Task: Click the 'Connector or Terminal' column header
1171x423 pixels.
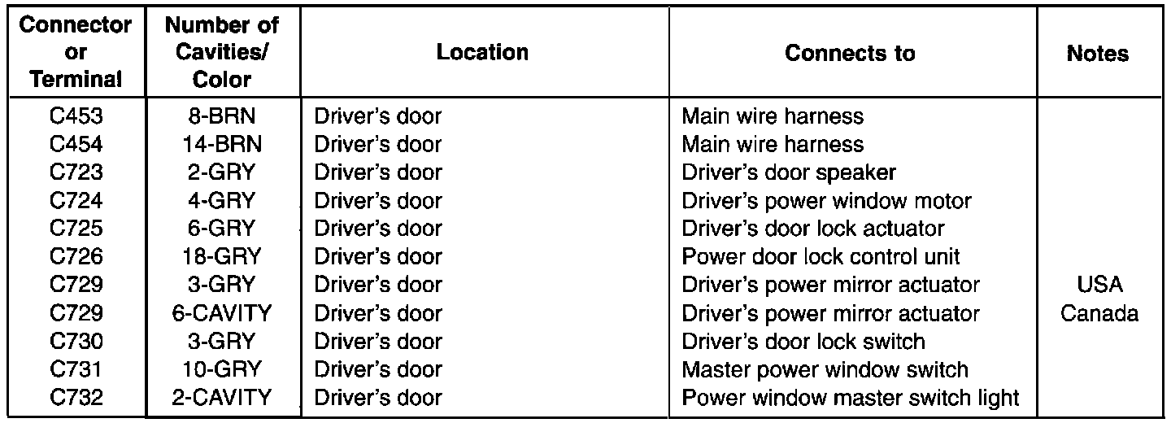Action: coord(76,53)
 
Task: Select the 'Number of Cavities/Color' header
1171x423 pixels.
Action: coord(222,53)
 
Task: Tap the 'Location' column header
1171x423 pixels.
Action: coord(482,53)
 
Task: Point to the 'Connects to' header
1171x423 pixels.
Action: coord(850,54)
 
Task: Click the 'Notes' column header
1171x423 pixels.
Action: coord(1098,54)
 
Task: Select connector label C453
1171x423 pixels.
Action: coord(76,116)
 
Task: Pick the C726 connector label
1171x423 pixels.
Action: coord(76,257)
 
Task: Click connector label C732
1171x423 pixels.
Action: coord(76,398)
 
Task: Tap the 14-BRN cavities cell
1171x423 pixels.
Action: coord(222,145)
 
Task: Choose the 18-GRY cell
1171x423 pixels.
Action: coord(222,257)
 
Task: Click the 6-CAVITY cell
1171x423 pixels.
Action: coord(222,313)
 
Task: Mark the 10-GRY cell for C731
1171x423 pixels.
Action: coord(222,369)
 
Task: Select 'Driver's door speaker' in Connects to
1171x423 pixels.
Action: coord(789,172)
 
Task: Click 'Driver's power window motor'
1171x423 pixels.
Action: coord(826,201)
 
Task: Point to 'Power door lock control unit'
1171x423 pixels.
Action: coord(821,257)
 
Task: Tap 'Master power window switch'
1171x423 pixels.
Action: coord(825,369)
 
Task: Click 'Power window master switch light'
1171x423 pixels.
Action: coord(850,398)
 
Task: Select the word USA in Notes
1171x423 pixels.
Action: coord(1099,286)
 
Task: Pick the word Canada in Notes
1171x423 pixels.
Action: coord(1099,313)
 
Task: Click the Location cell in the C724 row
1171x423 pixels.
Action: coord(377,201)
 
